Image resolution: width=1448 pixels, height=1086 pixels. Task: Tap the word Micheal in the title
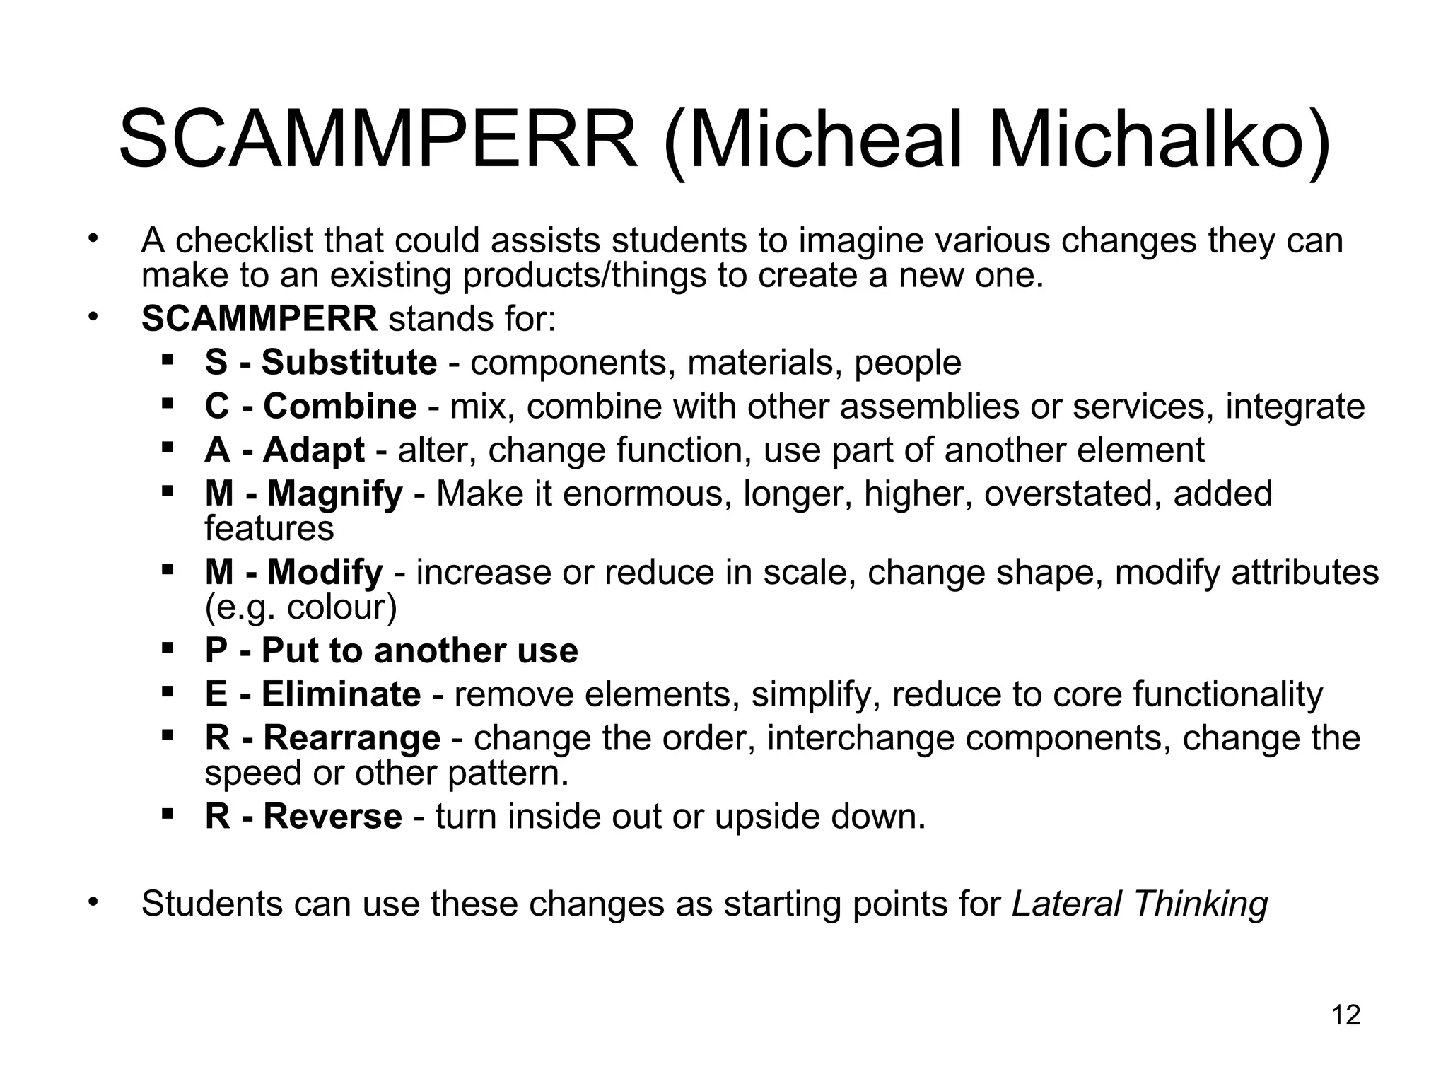tap(813, 140)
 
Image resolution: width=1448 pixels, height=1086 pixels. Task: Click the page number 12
tap(1345, 1015)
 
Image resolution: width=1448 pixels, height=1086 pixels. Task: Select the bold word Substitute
tap(349, 363)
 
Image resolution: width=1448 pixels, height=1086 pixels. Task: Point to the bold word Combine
tap(340, 407)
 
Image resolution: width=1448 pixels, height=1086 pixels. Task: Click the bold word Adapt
tap(314, 450)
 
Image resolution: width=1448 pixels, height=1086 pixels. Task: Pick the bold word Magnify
tap(334, 494)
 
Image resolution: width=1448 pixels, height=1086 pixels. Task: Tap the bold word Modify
tap(325, 572)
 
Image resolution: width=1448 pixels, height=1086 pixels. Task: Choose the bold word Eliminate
tap(341, 694)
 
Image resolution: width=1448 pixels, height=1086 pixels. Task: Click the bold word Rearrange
tap(352, 738)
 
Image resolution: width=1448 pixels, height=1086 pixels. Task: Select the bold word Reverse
tap(333, 817)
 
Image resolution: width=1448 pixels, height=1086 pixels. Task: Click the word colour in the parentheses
tap(337, 607)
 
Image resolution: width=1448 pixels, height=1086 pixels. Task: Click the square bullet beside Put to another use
tap(168, 648)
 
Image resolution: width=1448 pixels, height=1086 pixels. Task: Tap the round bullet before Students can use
tap(92, 901)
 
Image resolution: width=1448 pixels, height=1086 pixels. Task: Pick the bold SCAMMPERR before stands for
tap(259, 320)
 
